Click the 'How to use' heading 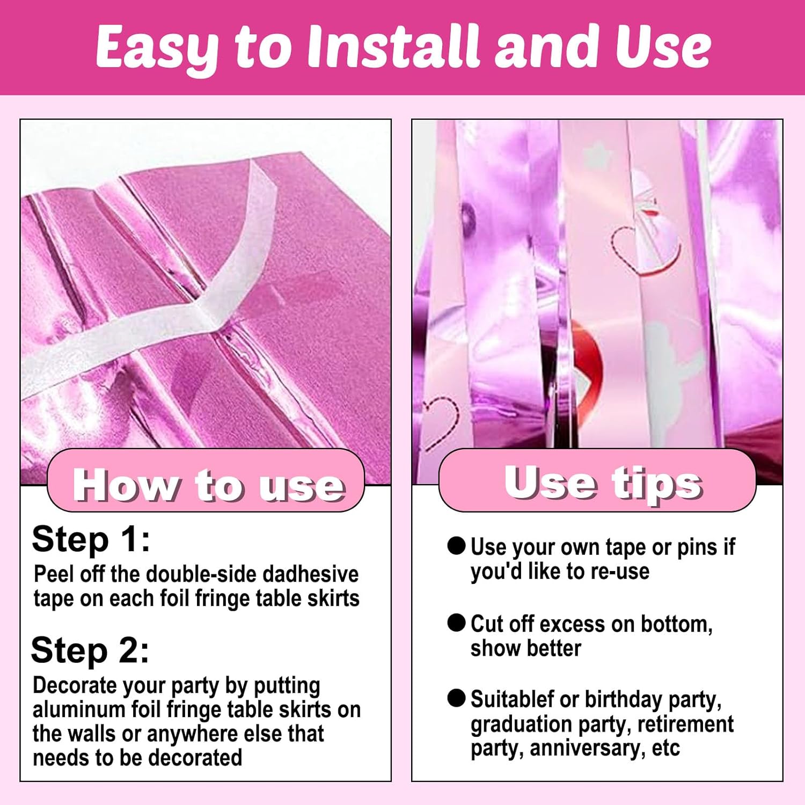(209, 485)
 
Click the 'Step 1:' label (91, 539)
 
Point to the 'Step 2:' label (90, 650)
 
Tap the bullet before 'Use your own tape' (456, 546)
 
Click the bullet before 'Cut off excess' (456, 623)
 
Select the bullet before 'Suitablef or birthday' (456, 698)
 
